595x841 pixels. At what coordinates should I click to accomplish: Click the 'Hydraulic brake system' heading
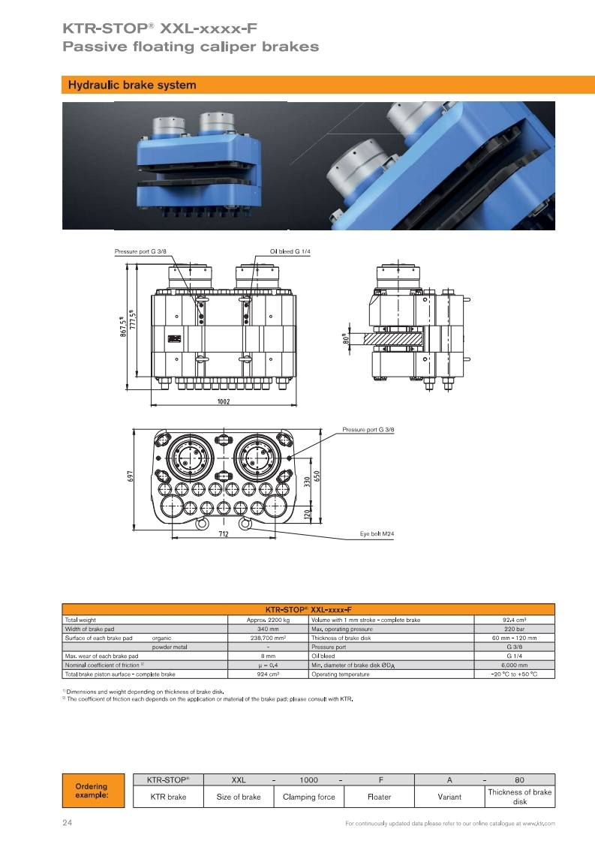pyautogui.click(x=132, y=85)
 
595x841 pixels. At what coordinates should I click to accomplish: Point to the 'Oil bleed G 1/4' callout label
pyautogui.click(x=290, y=251)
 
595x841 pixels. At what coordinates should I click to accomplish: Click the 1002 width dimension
pyautogui.click(x=223, y=401)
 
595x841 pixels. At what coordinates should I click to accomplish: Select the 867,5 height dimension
pyautogui.click(x=123, y=326)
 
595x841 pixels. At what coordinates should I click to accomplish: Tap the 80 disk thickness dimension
pyautogui.click(x=346, y=338)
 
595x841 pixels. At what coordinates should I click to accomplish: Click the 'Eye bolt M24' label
pyautogui.click(x=377, y=533)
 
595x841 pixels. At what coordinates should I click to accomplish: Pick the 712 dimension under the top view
pyautogui.click(x=223, y=533)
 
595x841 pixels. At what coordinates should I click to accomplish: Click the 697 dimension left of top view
pyautogui.click(x=130, y=476)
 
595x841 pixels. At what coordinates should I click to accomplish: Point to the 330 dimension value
pyautogui.click(x=307, y=482)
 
